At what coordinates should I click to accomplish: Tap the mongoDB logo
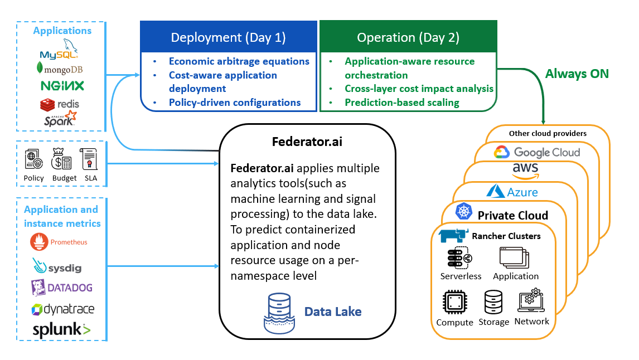tap(59, 69)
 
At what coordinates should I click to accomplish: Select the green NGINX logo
tap(62, 86)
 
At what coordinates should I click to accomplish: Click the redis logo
tap(60, 104)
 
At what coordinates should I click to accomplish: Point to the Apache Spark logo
tap(60, 119)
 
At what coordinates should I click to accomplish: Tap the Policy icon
tap(34, 159)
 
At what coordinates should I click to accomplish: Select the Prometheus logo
tap(60, 242)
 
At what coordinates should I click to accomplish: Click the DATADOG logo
tap(62, 288)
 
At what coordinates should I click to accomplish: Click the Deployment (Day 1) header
tap(228, 37)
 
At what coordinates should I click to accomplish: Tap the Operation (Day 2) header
tap(408, 37)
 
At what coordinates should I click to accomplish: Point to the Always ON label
tap(577, 74)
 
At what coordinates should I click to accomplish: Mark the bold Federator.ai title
tap(307, 142)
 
